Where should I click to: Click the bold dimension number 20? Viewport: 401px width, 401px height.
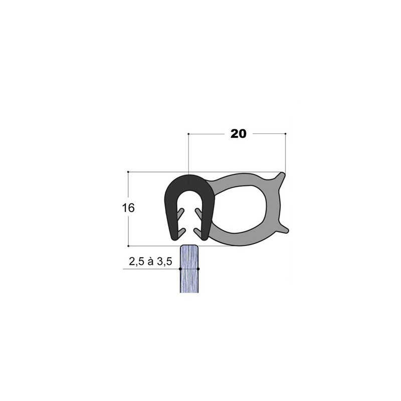(239, 134)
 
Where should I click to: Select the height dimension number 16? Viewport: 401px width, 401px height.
(128, 208)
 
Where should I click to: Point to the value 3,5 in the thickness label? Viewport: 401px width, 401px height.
(164, 262)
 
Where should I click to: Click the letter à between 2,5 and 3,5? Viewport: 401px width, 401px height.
(150, 261)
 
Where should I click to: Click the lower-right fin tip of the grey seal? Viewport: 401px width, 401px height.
(287, 231)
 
